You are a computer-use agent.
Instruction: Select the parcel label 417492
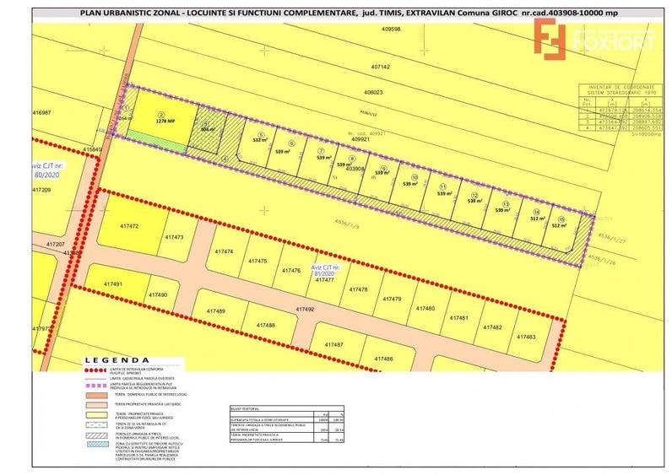pos(305,310)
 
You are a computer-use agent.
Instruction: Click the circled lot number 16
pos(561,219)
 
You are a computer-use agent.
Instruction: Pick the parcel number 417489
pos(216,311)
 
